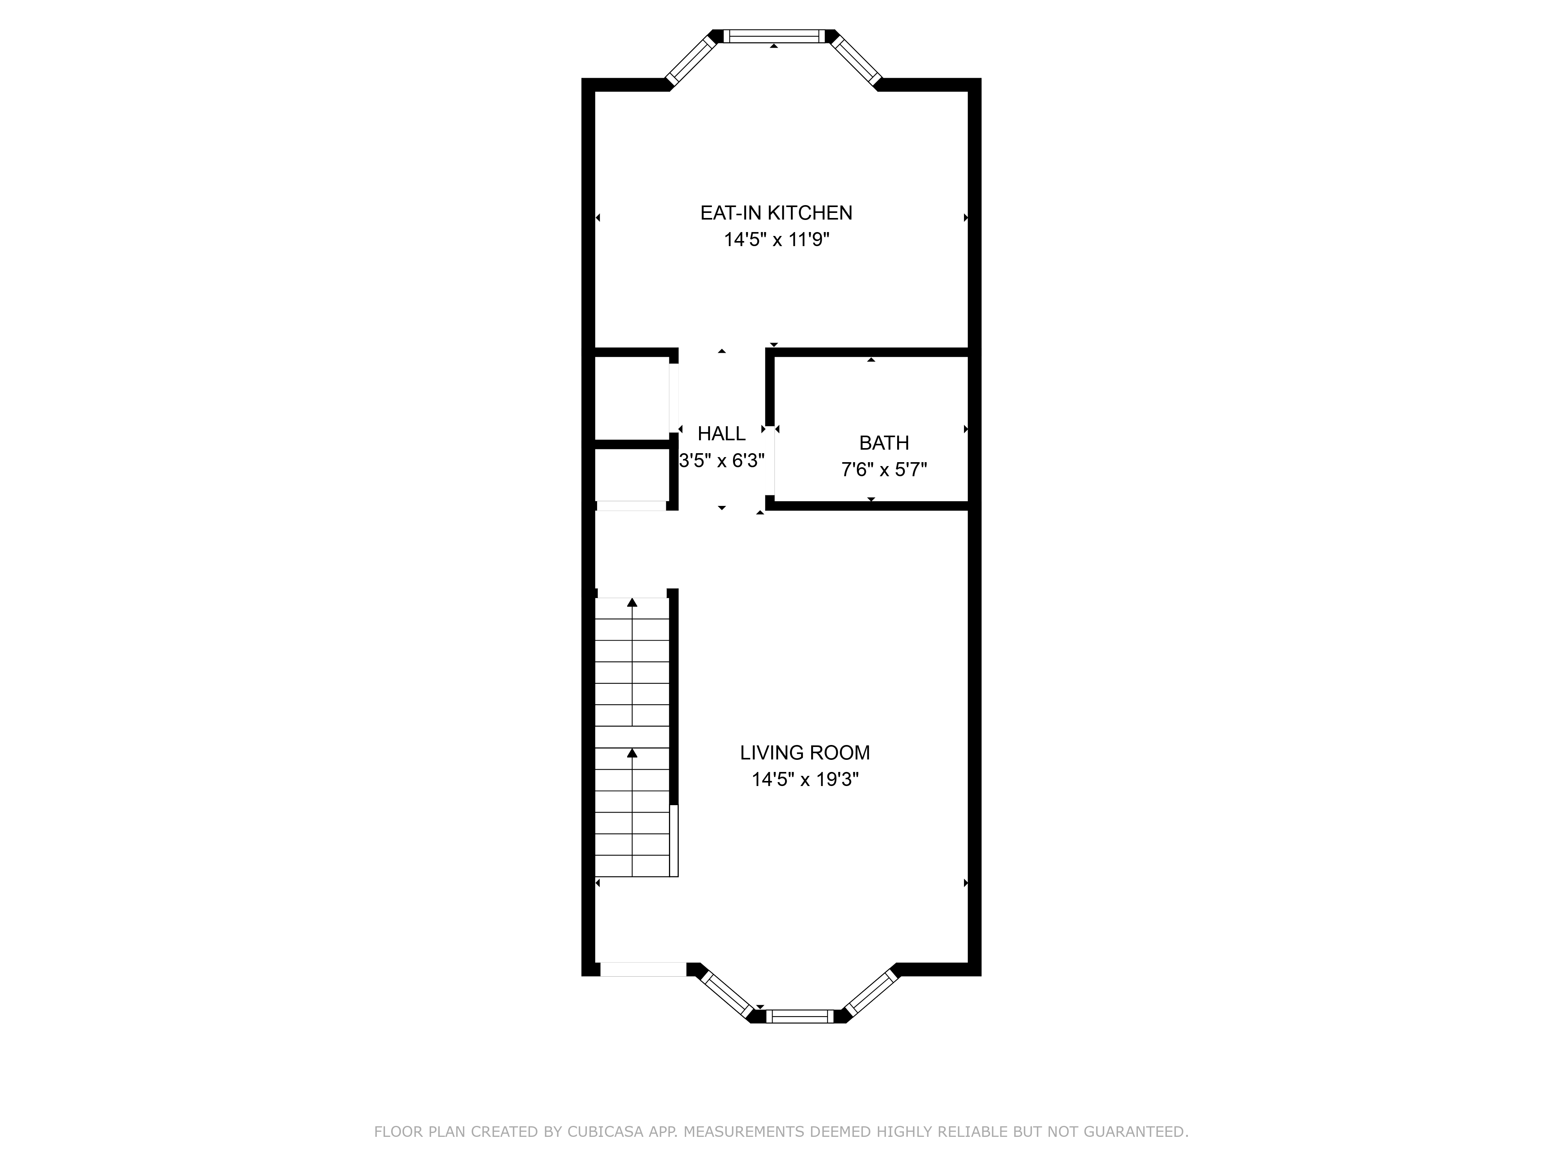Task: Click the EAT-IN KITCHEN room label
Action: pyautogui.click(x=776, y=213)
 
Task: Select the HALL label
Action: pyautogui.click(x=721, y=434)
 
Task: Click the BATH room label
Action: pyautogui.click(x=884, y=443)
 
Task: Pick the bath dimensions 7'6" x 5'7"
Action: pyautogui.click(x=884, y=470)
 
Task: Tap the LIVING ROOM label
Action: pyautogui.click(x=805, y=753)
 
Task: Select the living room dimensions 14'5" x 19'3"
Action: pyautogui.click(x=805, y=780)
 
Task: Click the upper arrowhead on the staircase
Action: pyautogui.click(x=632, y=602)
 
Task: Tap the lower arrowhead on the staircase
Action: pyautogui.click(x=632, y=753)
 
